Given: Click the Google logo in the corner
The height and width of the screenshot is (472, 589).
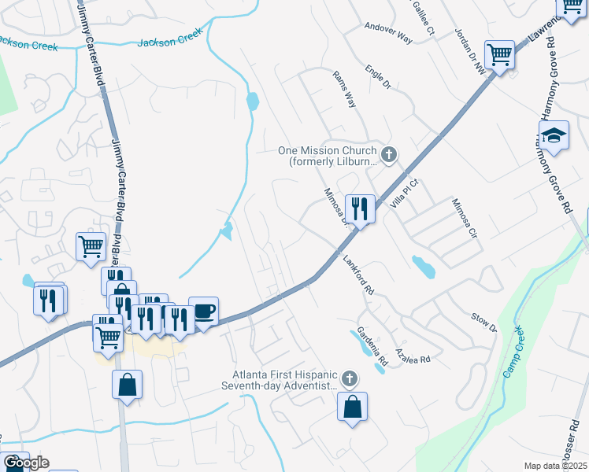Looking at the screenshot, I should pos(25,463).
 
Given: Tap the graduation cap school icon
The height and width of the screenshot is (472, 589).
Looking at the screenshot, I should pos(554,136).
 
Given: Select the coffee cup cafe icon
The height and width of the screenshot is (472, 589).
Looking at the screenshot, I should pos(203,312).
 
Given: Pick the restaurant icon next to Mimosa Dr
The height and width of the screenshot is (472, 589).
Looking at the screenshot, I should pos(359,209).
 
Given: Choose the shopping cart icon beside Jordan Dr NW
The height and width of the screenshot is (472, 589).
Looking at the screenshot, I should pos(499,56).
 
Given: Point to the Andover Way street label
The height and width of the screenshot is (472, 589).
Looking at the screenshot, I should pos(388,31).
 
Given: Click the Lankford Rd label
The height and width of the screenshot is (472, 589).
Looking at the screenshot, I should pos(358,276).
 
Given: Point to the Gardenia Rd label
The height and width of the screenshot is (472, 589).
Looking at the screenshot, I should pos(372,346).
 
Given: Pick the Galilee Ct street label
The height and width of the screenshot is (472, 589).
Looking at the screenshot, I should pos(423,17).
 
